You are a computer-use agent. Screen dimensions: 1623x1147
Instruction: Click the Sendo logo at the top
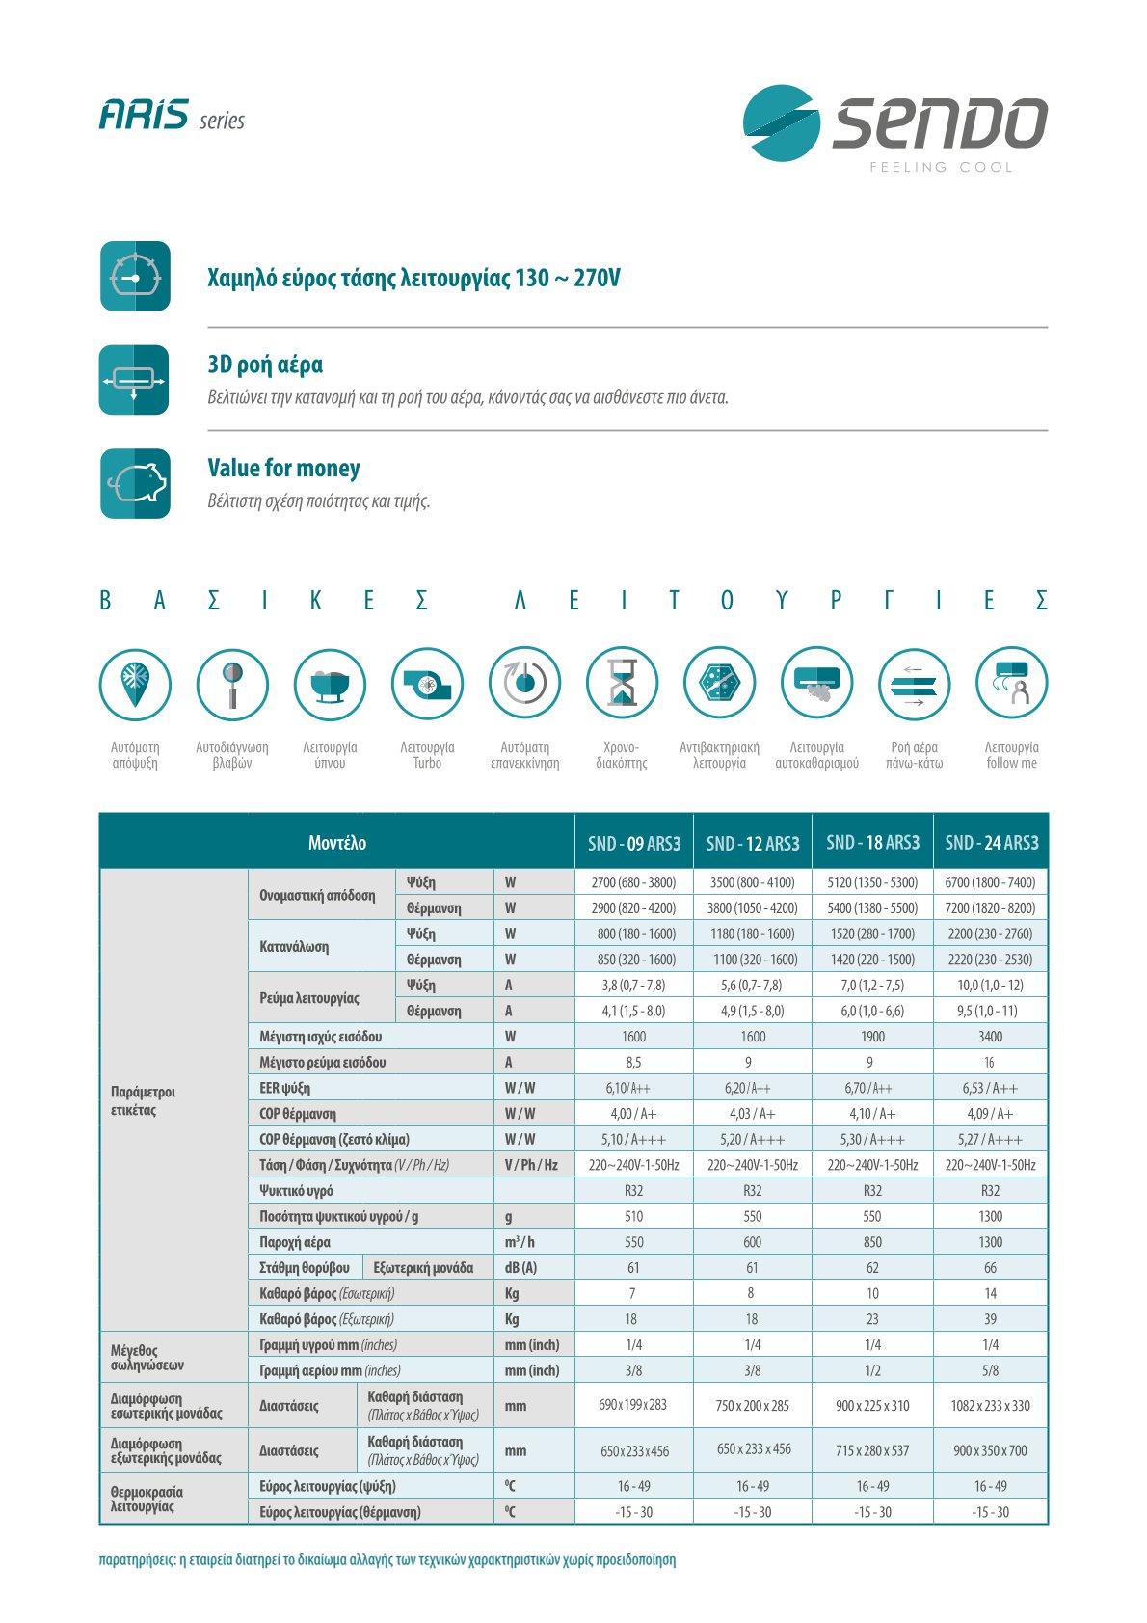894,124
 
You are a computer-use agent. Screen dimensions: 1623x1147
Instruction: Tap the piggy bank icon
135,483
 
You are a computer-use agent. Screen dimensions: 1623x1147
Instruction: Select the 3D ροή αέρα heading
265,365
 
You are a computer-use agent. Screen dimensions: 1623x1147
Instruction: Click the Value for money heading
283,469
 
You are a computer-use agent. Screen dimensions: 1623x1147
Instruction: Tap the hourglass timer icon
622,684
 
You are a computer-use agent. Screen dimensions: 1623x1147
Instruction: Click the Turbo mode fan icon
427,684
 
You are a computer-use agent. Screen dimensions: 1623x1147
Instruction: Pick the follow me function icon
1011,684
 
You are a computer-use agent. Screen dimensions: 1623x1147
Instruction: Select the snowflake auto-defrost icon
135,684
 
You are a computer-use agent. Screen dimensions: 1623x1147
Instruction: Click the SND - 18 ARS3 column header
872,843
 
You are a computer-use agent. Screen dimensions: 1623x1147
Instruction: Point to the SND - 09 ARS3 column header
634,844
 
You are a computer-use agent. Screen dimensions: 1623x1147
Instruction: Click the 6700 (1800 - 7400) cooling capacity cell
990,882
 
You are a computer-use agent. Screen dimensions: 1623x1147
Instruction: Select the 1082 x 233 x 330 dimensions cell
990,1406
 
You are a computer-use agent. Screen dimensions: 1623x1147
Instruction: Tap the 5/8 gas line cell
990,1370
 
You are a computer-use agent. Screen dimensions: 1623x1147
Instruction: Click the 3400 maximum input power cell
990,1037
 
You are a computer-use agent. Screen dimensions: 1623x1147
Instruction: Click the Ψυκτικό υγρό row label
296,1191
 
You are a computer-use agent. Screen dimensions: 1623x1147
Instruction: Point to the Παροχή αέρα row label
295,1242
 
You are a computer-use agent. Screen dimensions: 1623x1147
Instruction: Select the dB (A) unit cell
520,1268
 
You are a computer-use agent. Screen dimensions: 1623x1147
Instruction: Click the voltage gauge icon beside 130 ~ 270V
135,277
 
